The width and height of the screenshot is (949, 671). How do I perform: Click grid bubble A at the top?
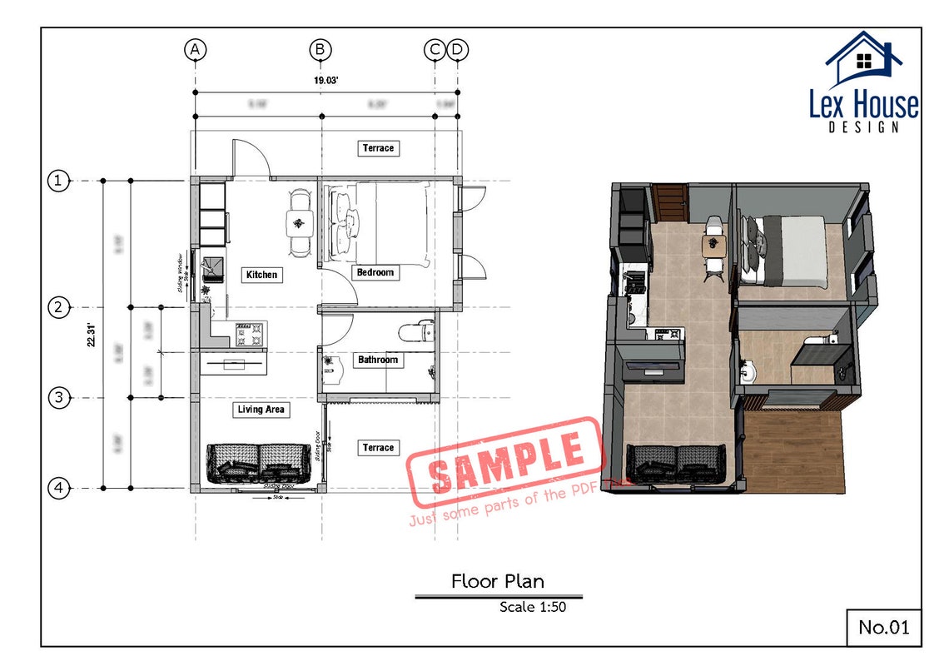point(195,50)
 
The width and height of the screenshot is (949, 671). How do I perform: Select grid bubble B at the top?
point(321,50)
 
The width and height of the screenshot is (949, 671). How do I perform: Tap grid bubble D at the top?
point(458,50)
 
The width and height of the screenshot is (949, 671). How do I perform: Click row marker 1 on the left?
point(58,180)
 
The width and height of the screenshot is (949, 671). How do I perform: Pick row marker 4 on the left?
point(58,488)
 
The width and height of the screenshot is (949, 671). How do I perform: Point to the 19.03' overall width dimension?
point(325,81)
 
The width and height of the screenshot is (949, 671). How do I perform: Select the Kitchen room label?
point(261,275)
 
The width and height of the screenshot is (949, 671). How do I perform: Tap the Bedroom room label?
point(375,272)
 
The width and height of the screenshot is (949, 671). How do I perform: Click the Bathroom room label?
point(378,360)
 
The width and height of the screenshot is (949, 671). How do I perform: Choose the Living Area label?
point(261,410)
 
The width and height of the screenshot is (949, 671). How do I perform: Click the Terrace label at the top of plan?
point(378,148)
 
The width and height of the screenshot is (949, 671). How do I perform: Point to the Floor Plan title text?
point(498,581)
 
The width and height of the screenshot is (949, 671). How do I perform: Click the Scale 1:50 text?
point(533,607)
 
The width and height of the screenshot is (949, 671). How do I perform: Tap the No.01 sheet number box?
point(884,627)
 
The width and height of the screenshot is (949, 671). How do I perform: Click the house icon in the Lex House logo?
point(864,59)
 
